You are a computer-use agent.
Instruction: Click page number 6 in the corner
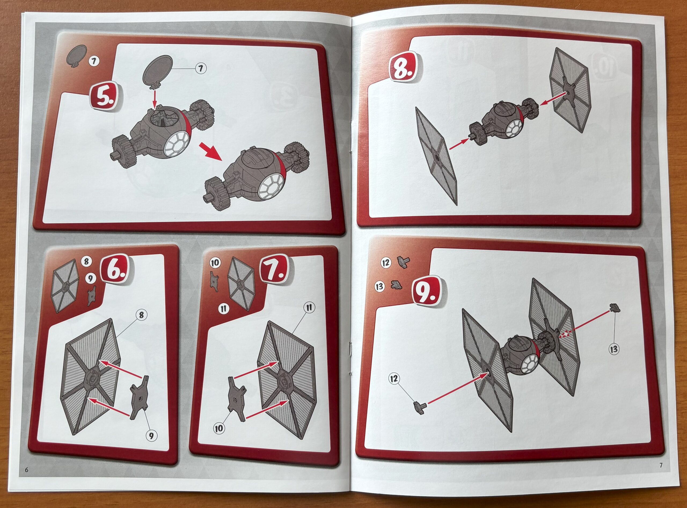pyautogui.click(x=27, y=478)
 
